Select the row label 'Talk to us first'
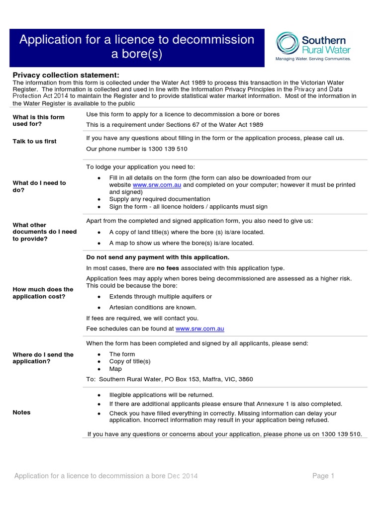(x=34, y=141)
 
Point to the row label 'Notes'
(x=21, y=412)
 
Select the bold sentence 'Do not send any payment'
(x=158, y=257)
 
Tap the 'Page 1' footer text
(x=323, y=476)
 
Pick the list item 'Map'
(x=115, y=369)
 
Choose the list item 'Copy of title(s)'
(x=130, y=361)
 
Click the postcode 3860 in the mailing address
(x=245, y=379)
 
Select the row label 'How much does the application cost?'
(x=43, y=293)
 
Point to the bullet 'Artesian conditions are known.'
(x=153, y=307)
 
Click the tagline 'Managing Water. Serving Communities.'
(x=313, y=59)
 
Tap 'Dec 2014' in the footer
(x=183, y=476)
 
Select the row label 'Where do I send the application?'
(x=43, y=358)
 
